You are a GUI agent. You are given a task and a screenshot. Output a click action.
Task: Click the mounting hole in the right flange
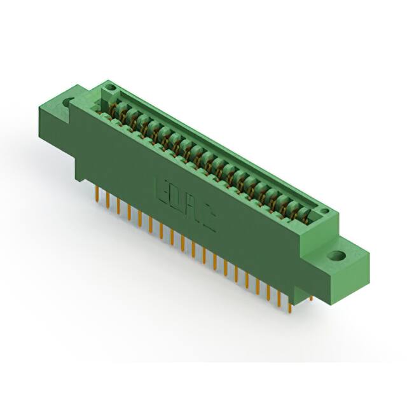[335, 256]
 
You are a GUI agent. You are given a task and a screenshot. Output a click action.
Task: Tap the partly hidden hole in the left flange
[68, 102]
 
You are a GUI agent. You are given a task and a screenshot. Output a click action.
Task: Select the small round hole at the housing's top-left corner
[109, 87]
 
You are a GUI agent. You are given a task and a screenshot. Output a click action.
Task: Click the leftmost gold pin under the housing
[97, 195]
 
